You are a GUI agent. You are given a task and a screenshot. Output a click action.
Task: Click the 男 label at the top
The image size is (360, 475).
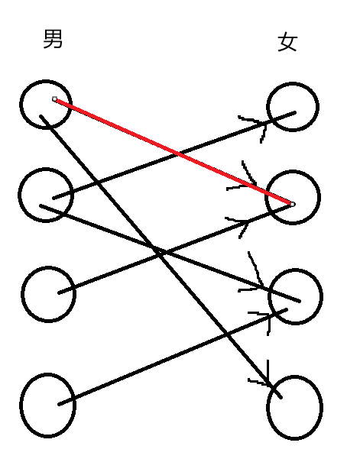(x=53, y=39)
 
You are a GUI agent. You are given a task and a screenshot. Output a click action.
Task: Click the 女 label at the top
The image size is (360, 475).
(x=287, y=42)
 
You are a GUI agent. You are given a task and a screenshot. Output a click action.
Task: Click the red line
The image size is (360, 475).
(x=174, y=151)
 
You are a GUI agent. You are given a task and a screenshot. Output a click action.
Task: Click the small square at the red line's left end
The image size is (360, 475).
(x=54, y=99)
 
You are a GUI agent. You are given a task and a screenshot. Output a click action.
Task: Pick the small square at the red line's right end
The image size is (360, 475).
(x=293, y=204)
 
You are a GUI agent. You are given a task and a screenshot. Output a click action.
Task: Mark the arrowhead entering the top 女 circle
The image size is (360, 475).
(x=261, y=124)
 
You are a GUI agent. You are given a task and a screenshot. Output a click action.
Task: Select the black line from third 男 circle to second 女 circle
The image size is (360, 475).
(x=174, y=249)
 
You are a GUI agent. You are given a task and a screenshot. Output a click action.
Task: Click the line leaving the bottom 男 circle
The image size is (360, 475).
(x=173, y=357)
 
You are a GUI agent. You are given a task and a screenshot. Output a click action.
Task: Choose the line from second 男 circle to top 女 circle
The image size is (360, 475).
(x=174, y=155)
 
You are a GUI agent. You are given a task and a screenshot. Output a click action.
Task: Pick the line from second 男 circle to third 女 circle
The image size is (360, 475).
(x=170, y=254)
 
